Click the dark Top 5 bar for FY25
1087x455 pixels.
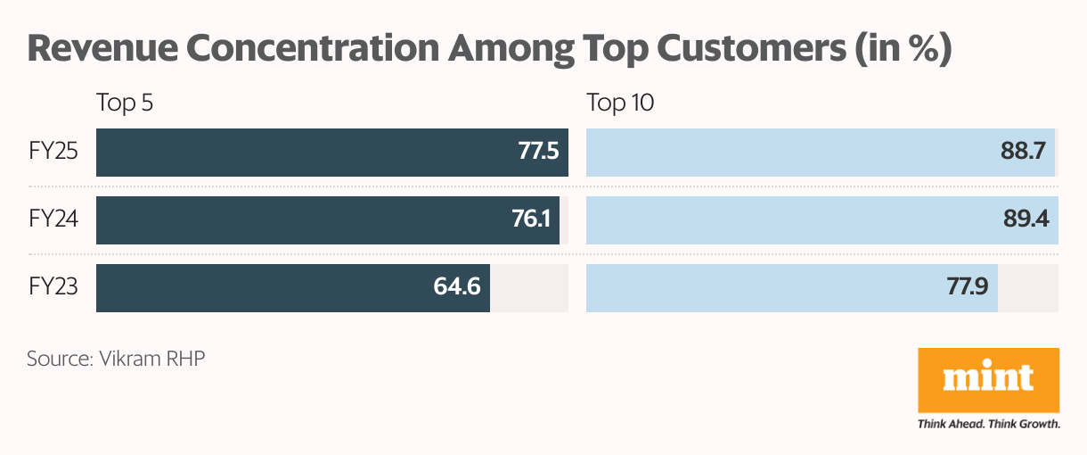click(303, 152)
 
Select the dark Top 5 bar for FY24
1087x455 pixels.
click(303, 220)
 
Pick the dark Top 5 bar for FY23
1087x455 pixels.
click(267, 288)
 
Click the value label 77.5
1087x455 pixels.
click(538, 152)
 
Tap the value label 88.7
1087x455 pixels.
click(1023, 152)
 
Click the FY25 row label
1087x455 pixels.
click(53, 152)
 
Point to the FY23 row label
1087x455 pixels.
click(53, 288)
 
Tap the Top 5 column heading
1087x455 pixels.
click(125, 103)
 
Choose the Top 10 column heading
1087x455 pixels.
click(620, 103)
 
